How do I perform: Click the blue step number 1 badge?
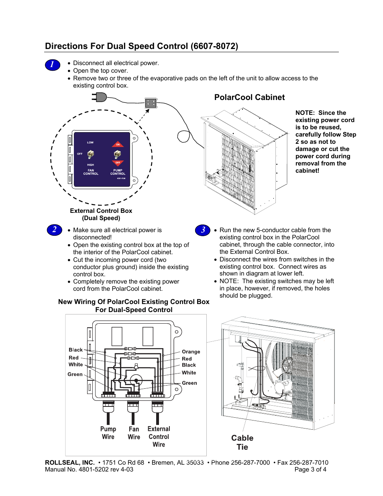[x=53, y=65]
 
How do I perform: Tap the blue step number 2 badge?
[x=54, y=230]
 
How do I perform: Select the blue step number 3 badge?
[x=203, y=230]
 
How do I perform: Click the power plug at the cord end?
[x=100, y=97]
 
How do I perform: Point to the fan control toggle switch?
[x=91, y=154]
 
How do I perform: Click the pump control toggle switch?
[x=117, y=154]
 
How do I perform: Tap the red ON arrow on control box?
[x=118, y=144]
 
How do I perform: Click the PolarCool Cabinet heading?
[x=249, y=98]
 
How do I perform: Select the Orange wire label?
[x=191, y=352]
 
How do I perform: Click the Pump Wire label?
[x=108, y=433]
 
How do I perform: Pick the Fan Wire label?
[x=134, y=433]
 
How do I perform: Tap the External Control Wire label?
[x=159, y=437]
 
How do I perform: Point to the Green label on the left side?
[x=75, y=374]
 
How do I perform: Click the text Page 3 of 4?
[x=310, y=469]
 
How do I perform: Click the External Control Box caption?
[x=101, y=211]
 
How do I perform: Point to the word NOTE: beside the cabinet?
[x=305, y=113]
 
